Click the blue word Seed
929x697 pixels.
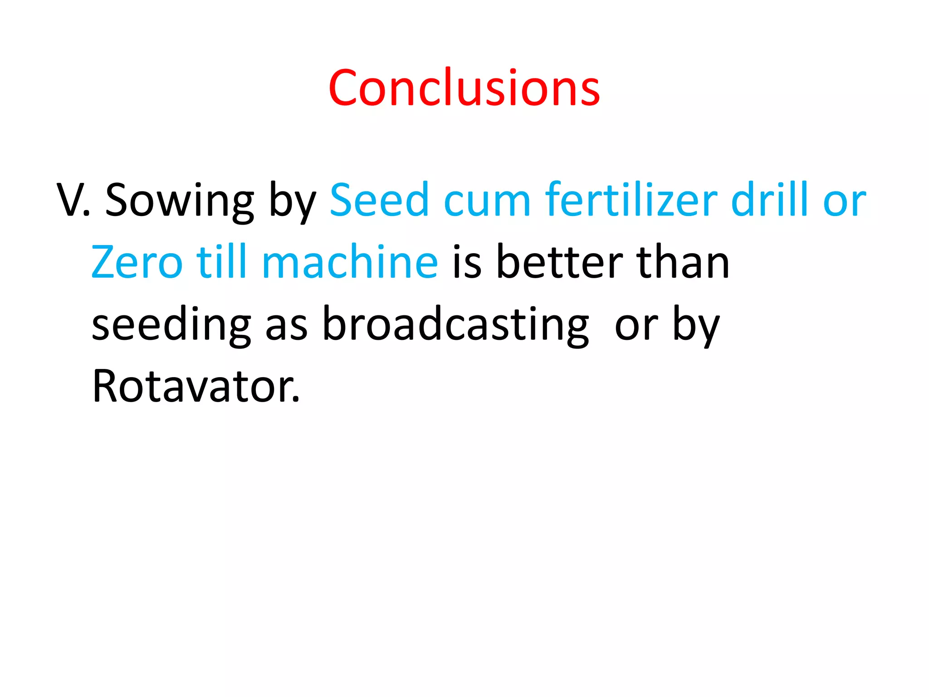tap(379, 200)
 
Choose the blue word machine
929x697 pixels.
tap(350, 262)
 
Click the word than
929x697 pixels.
tap(683, 262)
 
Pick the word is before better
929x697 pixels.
tap(467, 263)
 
